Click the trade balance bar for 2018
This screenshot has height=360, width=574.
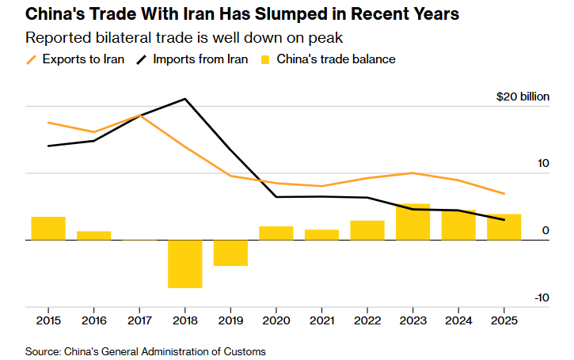pyautogui.click(x=184, y=263)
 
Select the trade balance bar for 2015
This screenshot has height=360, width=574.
pyautogui.click(x=48, y=228)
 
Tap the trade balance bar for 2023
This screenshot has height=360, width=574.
pyautogui.click(x=412, y=222)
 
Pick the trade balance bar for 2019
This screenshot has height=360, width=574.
pyautogui.click(x=230, y=252)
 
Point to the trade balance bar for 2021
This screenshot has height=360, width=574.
pyautogui.click(x=321, y=234)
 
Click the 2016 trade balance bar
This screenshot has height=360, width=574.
pyautogui.click(x=93, y=235)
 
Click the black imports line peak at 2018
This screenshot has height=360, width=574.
pyautogui.click(x=184, y=99)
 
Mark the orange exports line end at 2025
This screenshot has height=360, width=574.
pyautogui.click(x=504, y=193)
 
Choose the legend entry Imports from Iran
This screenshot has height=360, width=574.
pyautogui.click(x=196, y=59)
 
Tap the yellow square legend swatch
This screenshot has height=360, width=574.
pyautogui.click(x=265, y=59)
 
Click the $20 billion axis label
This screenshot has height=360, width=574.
pyautogui.click(x=522, y=97)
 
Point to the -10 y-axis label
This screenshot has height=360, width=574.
pyautogui.click(x=542, y=297)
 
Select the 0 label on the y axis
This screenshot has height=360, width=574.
pyautogui.click(x=545, y=230)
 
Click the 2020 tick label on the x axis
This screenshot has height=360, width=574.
pyautogui.click(x=276, y=320)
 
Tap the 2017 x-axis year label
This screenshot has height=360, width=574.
pyautogui.click(x=139, y=320)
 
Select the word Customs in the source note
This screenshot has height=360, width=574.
pyautogui.click(x=244, y=351)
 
